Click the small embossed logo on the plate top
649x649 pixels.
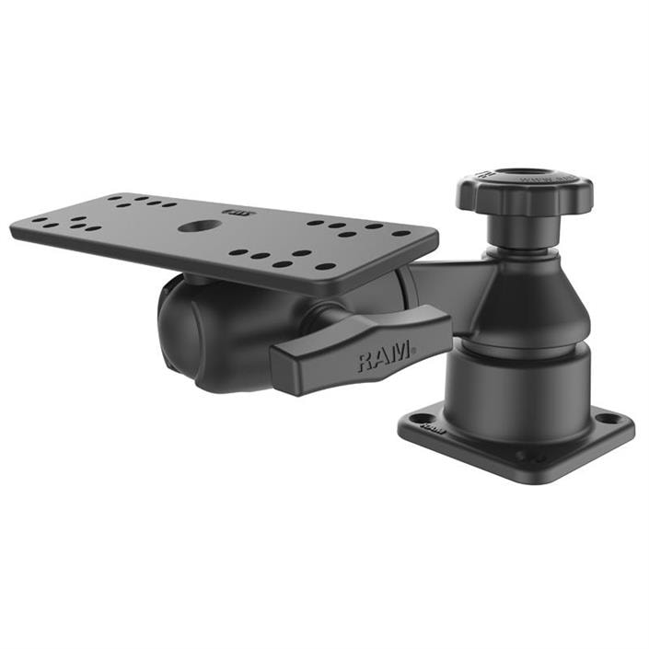239,214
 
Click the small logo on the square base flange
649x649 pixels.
436,429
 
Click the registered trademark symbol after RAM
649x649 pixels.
413,348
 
